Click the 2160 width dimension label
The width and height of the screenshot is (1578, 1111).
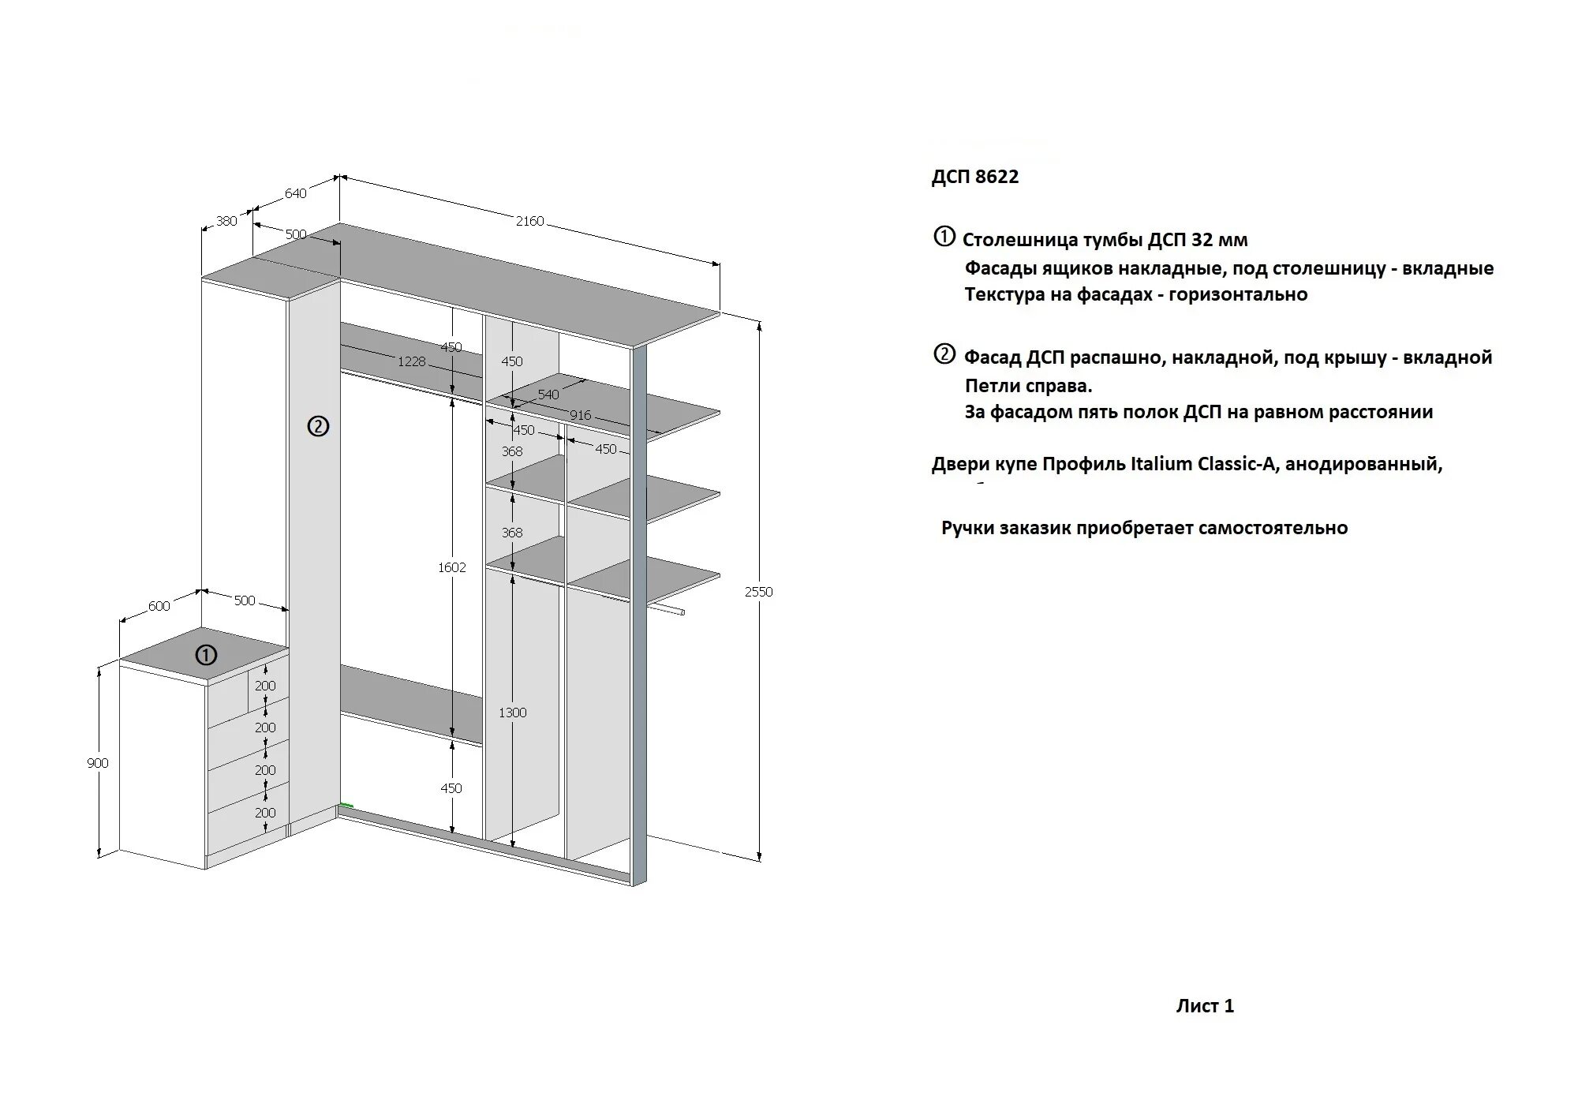(529, 222)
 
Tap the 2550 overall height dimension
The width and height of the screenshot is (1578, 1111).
(758, 592)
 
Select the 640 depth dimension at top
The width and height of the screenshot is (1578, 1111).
(295, 193)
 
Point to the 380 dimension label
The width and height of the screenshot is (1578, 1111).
(226, 221)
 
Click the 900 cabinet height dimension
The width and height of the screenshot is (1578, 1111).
(98, 763)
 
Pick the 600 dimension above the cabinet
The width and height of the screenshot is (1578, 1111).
(159, 606)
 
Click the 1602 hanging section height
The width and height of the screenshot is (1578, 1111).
(452, 567)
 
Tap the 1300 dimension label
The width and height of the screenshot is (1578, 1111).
(512, 713)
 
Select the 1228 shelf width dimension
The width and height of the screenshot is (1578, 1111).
(411, 361)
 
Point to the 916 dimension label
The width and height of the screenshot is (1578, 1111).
(580, 415)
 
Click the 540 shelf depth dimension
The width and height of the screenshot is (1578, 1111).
(548, 395)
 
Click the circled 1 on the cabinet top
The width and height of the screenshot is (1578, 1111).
(206, 655)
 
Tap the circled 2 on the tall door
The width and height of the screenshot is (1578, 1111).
(317, 427)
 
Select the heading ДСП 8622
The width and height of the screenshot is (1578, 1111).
(974, 177)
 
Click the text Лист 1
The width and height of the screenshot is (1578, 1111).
(1205, 1006)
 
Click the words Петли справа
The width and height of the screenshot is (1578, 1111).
(1028, 386)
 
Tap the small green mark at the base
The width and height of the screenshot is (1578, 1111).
(346, 806)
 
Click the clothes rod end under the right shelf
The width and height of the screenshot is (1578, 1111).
(681, 612)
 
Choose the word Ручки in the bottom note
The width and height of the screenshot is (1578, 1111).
(967, 528)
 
